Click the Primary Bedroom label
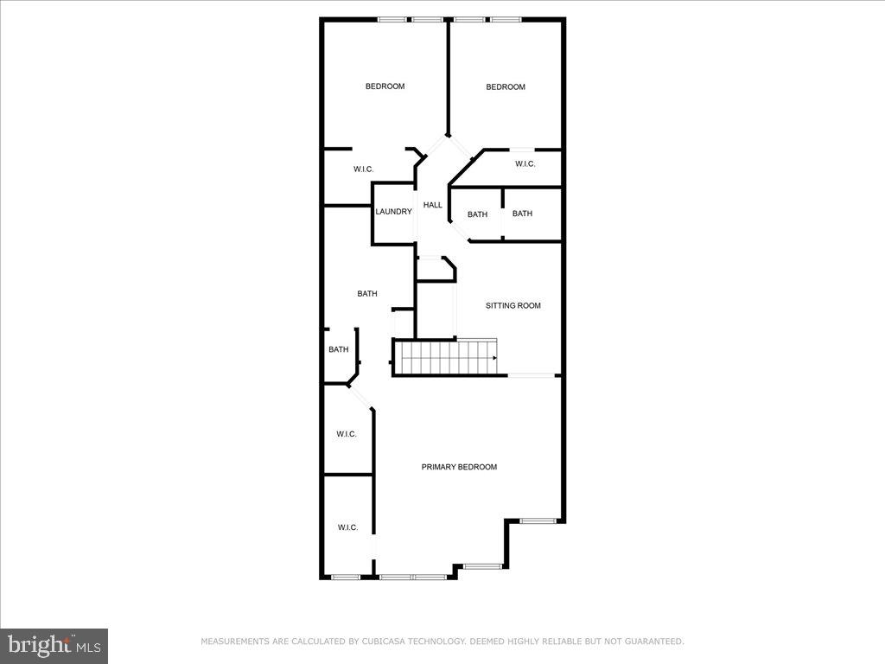click(459, 467)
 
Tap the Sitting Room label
click(513, 305)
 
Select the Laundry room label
click(393, 212)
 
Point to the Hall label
click(432, 205)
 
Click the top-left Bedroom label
click(385, 86)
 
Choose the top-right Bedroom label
click(506, 86)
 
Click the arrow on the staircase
click(493, 357)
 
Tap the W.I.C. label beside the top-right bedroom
click(525, 164)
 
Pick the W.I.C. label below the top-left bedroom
click(363, 169)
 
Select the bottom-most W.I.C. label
click(347, 527)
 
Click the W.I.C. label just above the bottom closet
click(346, 434)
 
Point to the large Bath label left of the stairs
click(367, 294)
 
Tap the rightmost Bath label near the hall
click(522, 214)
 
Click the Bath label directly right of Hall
click(477, 214)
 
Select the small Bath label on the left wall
click(338, 349)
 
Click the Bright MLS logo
click(54, 645)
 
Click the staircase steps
click(445, 357)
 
